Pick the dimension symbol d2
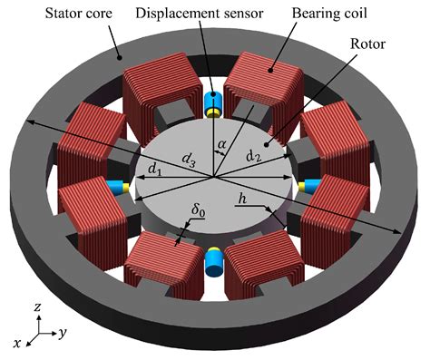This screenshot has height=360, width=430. (254, 157)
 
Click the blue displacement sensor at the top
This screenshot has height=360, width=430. (214, 105)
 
